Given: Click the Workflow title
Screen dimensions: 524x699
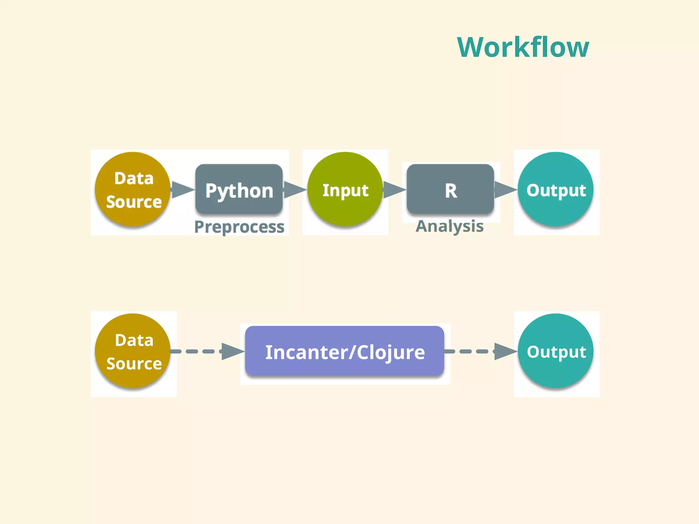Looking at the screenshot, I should coord(523,47).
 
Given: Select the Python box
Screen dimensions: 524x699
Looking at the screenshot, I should coord(239,190).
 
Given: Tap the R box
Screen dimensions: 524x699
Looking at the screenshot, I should coord(450,190).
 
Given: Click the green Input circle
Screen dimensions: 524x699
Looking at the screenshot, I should coord(345,190).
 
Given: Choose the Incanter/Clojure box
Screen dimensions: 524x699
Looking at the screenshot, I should coord(345,351).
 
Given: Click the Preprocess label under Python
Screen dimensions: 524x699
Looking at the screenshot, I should coord(239,227).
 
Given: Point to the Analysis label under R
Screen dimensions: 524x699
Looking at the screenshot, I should coord(450,226).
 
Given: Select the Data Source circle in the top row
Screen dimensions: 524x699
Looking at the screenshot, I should coord(133,190).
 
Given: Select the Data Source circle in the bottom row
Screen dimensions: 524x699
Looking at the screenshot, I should coord(133,351).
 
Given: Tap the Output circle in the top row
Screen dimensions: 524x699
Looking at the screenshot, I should coord(556,190).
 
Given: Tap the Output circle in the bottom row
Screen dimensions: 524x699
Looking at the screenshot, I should coord(556,351).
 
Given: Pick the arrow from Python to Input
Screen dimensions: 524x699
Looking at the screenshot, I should coord(295,190).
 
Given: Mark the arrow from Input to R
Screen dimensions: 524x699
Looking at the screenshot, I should coord(394,190).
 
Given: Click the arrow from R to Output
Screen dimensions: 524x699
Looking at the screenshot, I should coord(505,190).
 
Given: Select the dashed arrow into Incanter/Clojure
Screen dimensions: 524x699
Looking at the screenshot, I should coord(208,351).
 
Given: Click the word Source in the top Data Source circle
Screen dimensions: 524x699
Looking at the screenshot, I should coord(134,202).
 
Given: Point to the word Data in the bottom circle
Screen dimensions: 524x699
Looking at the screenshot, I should coord(134,340).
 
